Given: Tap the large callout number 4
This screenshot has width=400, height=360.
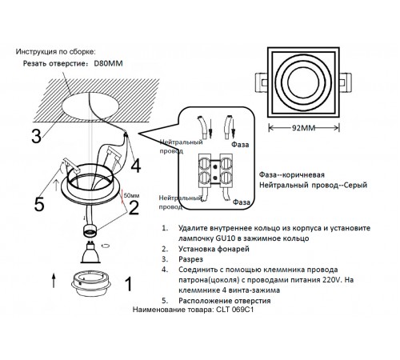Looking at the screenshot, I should [136, 166].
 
